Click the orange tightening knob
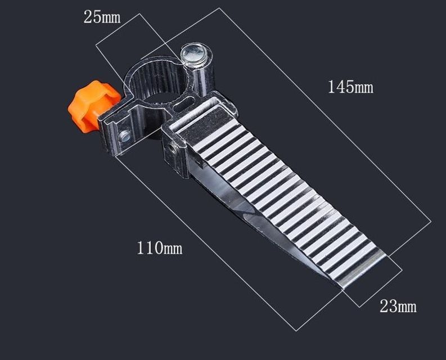[x=93, y=106]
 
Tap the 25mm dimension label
[x=102, y=17]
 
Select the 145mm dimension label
[x=350, y=87]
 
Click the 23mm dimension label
[x=398, y=307]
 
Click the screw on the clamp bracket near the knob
[x=125, y=136]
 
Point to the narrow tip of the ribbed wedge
[x=343, y=289]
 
